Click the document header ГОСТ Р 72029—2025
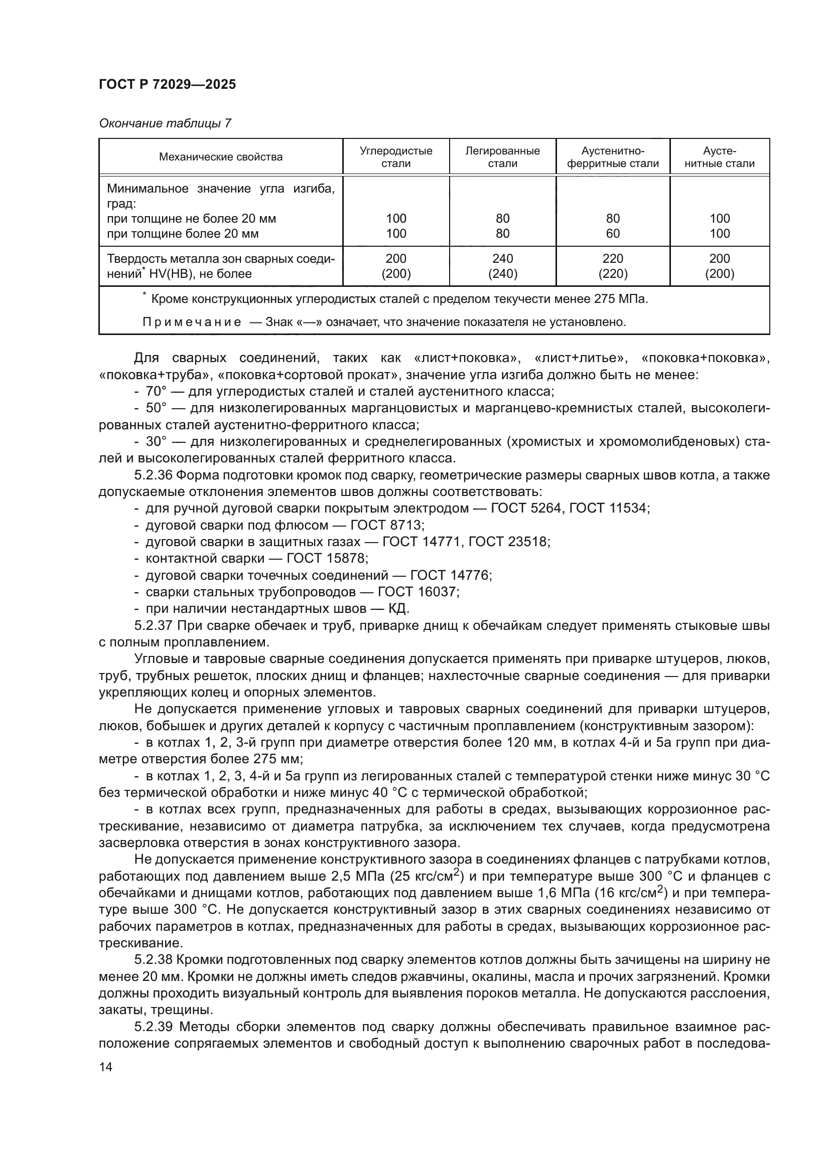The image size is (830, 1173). pos(167,84)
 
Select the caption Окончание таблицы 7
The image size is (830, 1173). pos(165,123)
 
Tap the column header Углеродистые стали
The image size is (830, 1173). pos(395,157)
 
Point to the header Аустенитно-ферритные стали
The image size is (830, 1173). pos(612,157)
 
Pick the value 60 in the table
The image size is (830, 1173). pos(612,234)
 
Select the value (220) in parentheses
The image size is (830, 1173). pos(612,274)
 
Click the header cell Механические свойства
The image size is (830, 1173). pos(220,157)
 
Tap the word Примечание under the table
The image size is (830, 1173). pos(192,322)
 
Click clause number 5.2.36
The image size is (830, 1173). pos(153,475)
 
